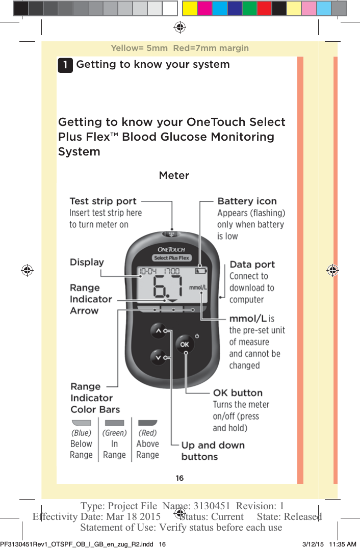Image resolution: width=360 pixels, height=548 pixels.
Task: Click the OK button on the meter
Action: click(185, 345)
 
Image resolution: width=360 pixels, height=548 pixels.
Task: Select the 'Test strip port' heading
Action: click(103, 201)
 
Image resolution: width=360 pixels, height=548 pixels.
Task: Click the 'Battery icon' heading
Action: click(247, 201)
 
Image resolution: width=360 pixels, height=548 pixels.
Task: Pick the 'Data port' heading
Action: click(252, 265)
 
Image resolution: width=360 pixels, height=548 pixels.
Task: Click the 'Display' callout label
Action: click(87, 262)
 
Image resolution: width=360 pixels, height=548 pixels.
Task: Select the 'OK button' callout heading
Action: click(238, 393)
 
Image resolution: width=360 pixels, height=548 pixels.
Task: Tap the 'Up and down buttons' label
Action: click(213, 451)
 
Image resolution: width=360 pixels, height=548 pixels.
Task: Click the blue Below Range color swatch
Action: click(81, 423)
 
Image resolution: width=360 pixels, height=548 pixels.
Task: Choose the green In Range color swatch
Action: click(114, 423)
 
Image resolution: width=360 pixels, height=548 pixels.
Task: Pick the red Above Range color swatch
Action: click(147, 423)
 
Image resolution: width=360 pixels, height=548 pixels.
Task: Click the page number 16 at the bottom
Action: click(179, 478)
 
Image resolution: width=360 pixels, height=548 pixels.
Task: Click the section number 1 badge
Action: click(65, 65)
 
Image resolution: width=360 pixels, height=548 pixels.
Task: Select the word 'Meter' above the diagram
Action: click(174, 175)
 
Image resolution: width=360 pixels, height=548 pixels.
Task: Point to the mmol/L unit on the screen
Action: click(198, 288)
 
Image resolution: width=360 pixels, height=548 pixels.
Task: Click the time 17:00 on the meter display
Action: click(171, 271)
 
